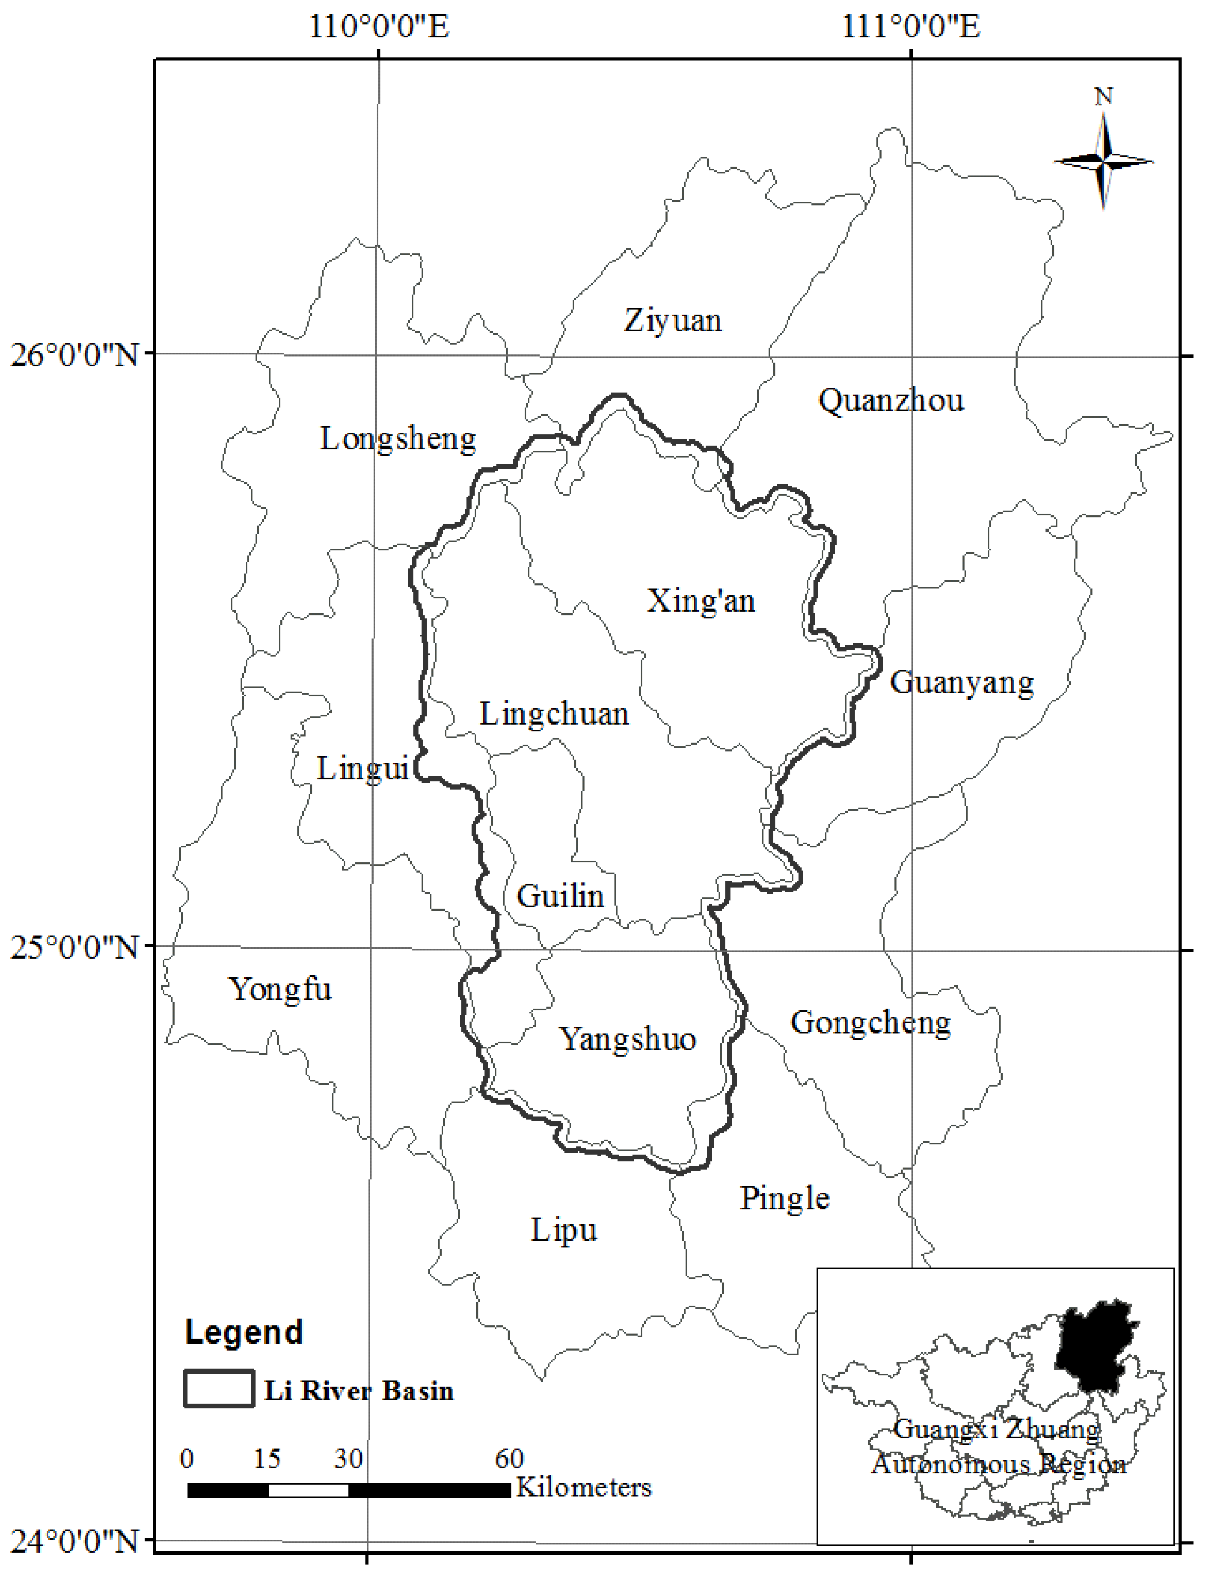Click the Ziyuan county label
pyautogui.click(x=673, y=320)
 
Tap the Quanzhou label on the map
pyautogui.click(x=891, y=400)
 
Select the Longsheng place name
pyautogui.click(x=398, y=438)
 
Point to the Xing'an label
pyautogui.click(x=701, y=600)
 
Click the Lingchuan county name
pyautogui.click(x=554, y=714)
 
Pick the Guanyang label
pyautogui.click(x=962, y=682)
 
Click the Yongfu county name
pyautogui.click(x=280, y=989)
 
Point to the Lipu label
pyautogui.click(x=564, y=1230)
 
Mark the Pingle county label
pyautogui.click(x=785, y=1197)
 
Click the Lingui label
pyautogui.click(x=362, y=769)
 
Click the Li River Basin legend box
pyautogui.click(x=219, y=1389)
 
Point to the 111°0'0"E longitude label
pyautogui.click(x=910, y=27)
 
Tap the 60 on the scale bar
pyautogui.click(x=509, y=1459)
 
